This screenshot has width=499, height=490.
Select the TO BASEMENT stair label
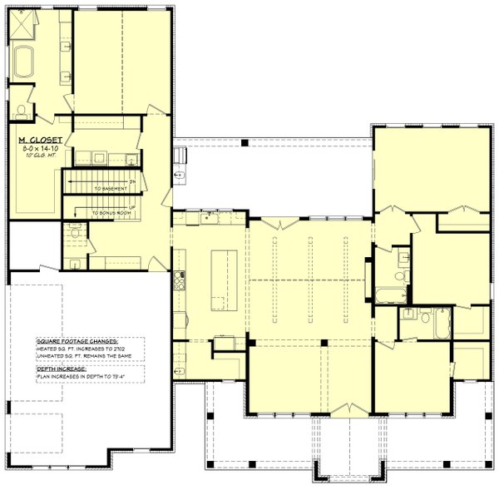[111, 189]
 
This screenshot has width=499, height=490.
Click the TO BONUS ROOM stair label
[112, 214]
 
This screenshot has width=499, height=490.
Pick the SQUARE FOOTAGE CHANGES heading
[77, 341]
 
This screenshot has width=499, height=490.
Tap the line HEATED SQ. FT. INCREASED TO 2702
[84, 349]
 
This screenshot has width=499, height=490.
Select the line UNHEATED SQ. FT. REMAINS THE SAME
[86, 358]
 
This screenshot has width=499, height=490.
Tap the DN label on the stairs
[131, 181]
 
